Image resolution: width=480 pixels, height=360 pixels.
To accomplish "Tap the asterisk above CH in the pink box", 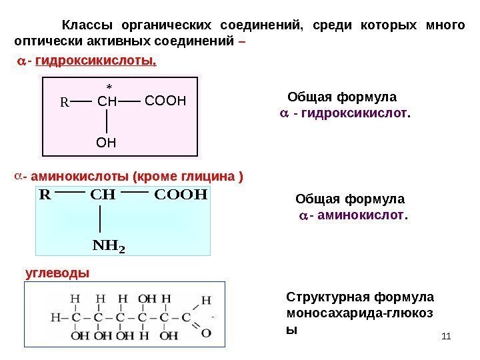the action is click(x=108, y=87).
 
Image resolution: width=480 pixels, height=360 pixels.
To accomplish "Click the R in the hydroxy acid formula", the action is click(x=65, y=103).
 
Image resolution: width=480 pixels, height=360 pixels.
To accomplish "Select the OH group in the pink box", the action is click(x=106, y=141).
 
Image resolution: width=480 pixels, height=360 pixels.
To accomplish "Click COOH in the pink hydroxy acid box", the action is click(x=163, y=102).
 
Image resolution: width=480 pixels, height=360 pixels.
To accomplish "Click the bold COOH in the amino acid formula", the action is click(x=181, y=195).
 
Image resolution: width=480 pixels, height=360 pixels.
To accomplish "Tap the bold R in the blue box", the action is click(x=45, y=195).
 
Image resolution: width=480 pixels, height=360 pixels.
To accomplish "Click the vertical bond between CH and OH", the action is click(x=107, y=122).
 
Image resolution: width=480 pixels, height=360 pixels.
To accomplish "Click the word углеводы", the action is click(x=56, y=273).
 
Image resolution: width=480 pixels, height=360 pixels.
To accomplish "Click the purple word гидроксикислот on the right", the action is click(x=353, y=114).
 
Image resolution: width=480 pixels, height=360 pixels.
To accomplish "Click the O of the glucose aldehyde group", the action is click(x=207, y=332).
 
